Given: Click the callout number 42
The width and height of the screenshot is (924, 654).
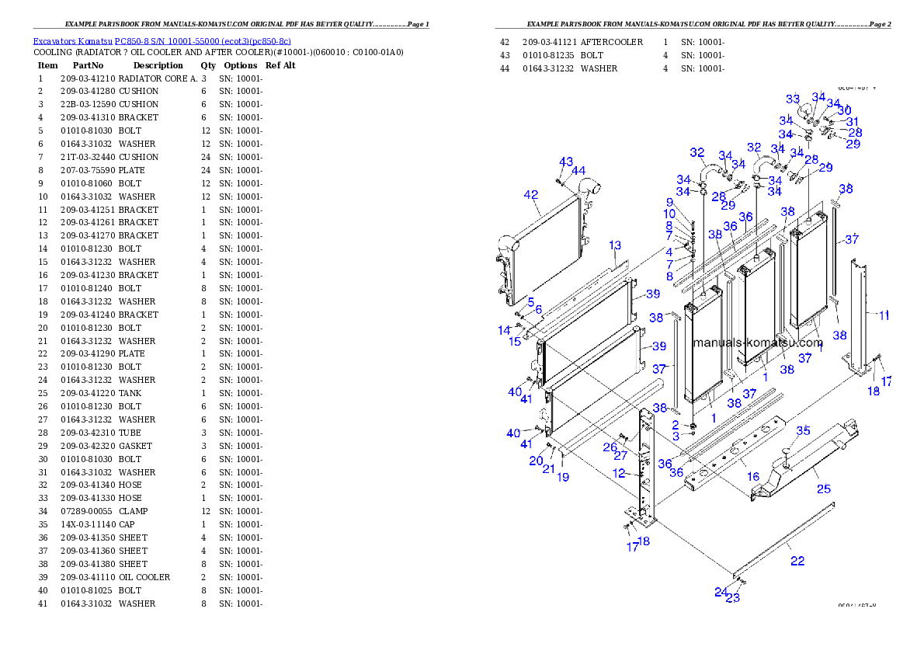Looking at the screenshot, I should pyautogui.click(x=531, y=194).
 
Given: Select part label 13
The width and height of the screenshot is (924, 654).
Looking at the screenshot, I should pyautogui.click(x=615, y=245).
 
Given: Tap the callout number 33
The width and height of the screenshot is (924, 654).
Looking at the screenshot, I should pyautogui.click(x=793, y=99).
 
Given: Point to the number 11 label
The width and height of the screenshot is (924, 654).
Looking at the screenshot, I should pyautogui.click(x=884, y=315).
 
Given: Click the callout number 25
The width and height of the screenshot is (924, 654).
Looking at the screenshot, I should pyautogui.click(x=823, y=489).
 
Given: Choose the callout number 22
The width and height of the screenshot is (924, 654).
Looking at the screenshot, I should pyautogui.click(x=797, y=561).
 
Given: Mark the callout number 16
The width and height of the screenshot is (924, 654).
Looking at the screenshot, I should pyautogui.click(x=752, y=476).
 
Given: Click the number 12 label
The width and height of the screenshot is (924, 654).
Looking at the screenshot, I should pyautogui.click(x=619, y=472).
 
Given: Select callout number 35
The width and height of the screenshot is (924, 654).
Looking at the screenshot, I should pyautogui.click(x=803, y=430).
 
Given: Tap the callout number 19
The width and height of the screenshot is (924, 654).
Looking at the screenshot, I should pyautogui.click(x=563, y=477).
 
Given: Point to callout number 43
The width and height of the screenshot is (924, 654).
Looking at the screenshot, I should pyautogui.click(x=566, y=161).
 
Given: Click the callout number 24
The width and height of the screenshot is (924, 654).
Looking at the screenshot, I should pyautogui.click(x=721, y=592).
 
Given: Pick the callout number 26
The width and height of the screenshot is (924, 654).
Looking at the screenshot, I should pyautogui.click(x=610, y=447).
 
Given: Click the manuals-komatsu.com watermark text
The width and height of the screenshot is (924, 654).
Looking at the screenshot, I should pyautogui.click(x=757, y=343).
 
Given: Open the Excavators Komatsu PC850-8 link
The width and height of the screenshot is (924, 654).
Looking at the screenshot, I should pyautogui.click(x=162, y=41).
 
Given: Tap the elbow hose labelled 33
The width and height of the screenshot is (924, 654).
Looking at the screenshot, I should pyautogui.click(x=805, y=112).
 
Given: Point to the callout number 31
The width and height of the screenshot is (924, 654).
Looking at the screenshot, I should pyautogui.click(x=853, y=121).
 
